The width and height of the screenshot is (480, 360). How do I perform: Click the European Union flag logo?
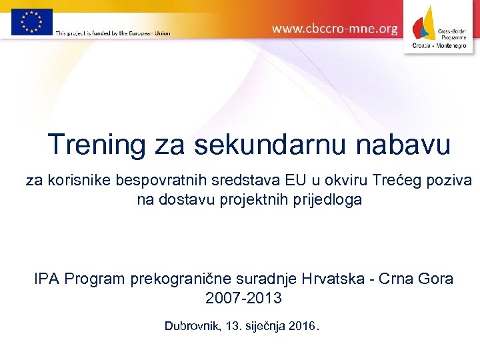(x=31, y=22)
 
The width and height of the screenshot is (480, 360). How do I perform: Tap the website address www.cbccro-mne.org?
(x=335, y=29)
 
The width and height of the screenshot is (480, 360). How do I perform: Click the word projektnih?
(x=254, y=199)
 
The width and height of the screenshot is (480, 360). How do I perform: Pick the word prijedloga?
(x=326, y=199)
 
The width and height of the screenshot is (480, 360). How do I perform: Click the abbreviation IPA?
(x=47, y=279)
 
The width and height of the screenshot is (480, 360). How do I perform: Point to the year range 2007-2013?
(x=243, y=298)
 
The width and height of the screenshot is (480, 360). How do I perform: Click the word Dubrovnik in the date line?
(x=193, y=327)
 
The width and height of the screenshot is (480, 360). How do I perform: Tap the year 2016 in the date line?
(x=303, y=327)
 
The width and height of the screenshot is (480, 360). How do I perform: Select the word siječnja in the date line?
(x=265, y=327)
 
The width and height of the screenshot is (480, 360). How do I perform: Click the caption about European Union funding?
(x=113, y=33)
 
